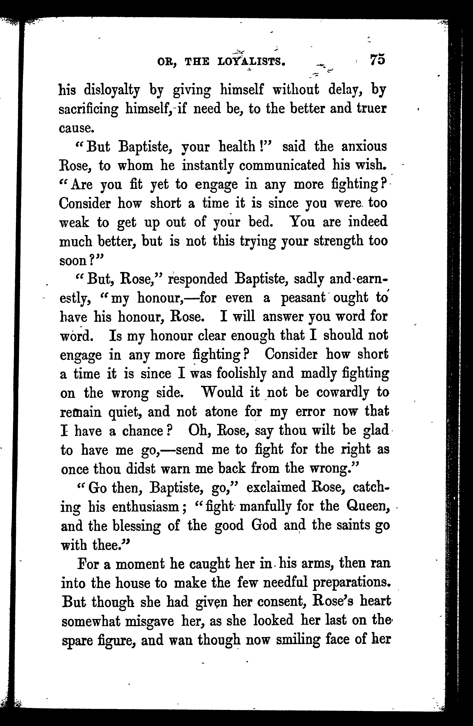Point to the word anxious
(x=364, y=147)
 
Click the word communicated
(x=282, y=166)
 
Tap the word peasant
(x=303, y=298)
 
